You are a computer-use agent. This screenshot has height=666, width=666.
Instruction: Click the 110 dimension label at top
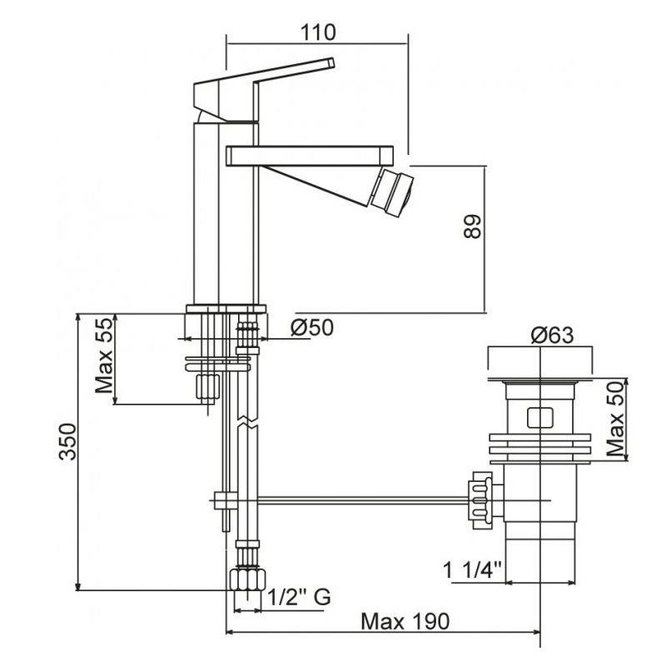[318, 32]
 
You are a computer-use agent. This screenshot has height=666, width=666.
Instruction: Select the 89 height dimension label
[472, 226]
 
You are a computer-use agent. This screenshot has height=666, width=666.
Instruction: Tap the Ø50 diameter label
[312, 327]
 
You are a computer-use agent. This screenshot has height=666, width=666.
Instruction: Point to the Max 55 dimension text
[105, 356]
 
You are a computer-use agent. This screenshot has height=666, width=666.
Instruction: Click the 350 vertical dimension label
[68, 442]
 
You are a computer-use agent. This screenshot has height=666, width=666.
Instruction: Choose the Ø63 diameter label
[552, 335]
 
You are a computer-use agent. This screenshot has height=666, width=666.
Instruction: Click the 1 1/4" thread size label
[472, 569]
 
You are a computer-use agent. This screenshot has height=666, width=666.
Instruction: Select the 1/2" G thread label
[299, 597]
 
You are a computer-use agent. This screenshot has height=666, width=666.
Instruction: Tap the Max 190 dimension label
[405, 621]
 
